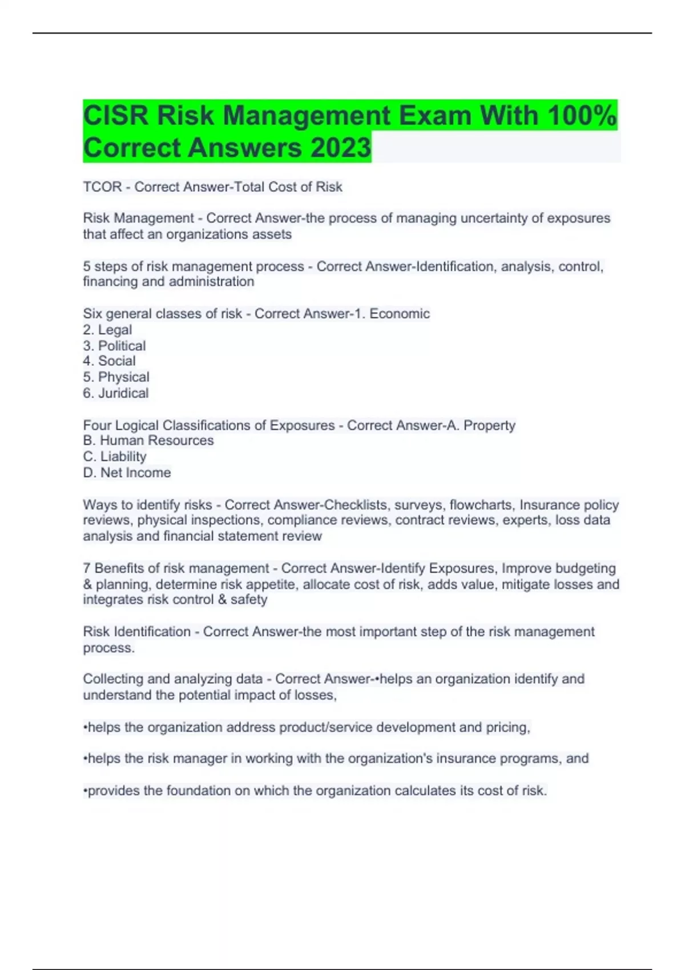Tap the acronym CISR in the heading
pyautogui.click(x=116, y=116)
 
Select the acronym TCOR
pyautogui.click(x=102, y=187)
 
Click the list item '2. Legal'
pyautogui.click(x=107, y=330)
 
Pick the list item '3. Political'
pyautogui.click(x=114, y=346)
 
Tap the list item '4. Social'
pyautogui.click(x=109, y=361)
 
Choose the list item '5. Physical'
pyautogui.click(x=116, y=377)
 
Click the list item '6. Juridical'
pyautogui.click(x=115, y=393)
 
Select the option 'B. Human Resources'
pyautogui.click(x=148, y=440)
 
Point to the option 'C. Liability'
pyautogui.click(x=115, y=456)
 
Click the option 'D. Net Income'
pyautogui.click(x=127, y=472)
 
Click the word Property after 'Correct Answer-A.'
pyautogui.click(x=489, y=426)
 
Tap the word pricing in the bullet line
pyautogui.click(x=507, y=727)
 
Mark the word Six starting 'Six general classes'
pyautogui.click(x=92, y=314)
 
